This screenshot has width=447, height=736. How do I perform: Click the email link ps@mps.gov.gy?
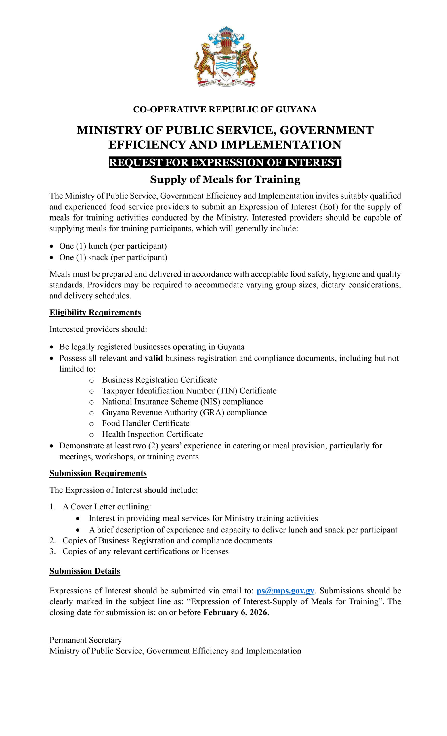(285, 591)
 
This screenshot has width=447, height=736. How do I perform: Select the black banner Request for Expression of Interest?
(225, 162)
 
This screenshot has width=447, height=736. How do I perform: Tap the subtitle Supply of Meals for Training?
(225, 179)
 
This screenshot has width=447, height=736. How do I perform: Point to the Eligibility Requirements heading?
(95, 313)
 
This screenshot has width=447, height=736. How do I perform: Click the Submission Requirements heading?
(98, 473)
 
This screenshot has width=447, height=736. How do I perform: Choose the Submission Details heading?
(85, 571)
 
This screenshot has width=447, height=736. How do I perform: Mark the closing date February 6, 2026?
(236, 612)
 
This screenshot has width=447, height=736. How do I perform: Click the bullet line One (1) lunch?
(113, 246)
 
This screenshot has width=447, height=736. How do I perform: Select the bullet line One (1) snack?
(113, 257)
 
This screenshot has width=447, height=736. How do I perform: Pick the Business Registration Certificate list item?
(159, 380)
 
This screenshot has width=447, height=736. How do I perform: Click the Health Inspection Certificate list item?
(152, 434)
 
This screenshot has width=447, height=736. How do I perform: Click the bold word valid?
(154, 358)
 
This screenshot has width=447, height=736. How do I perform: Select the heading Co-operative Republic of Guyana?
(225, 109)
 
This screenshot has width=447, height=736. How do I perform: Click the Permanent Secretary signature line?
(85, 640)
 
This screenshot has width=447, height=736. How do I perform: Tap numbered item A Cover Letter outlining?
(106, 507)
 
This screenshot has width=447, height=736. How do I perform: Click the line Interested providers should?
(98, 329)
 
